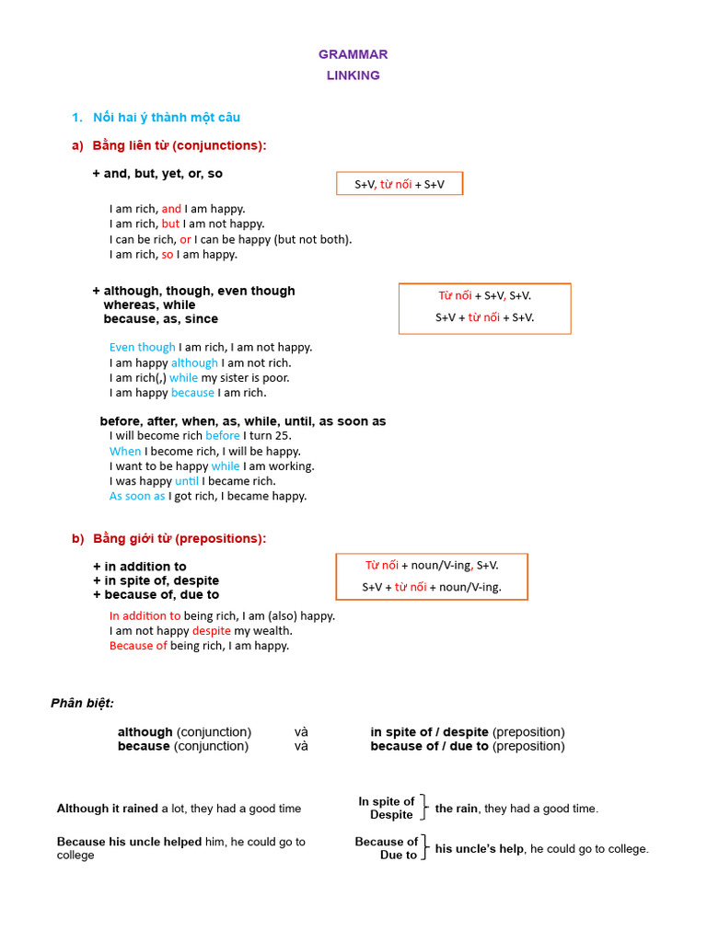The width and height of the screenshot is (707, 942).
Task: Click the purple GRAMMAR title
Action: pos(353,54)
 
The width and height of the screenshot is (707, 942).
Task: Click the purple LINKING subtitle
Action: pos(353,75)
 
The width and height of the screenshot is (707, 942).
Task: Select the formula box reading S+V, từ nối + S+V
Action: pos(400,184)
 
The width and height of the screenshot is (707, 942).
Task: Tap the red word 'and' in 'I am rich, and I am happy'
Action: pos(172,209)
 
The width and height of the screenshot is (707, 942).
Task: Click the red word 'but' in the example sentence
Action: pos(171,224)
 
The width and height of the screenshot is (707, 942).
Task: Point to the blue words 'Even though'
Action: pos(142,347)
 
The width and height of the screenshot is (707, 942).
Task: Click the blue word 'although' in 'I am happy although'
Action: pos(194,362)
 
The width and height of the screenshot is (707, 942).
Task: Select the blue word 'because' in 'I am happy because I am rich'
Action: pos(192,393)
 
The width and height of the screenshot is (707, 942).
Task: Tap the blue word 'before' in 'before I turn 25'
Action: pos(223,435)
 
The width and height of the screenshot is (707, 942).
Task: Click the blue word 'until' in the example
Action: pos(187,480)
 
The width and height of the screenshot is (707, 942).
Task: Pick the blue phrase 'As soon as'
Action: pos(137,496)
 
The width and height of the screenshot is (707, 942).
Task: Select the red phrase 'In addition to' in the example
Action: pos(145,615)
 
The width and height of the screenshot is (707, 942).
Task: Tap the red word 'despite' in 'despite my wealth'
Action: pos(212,630)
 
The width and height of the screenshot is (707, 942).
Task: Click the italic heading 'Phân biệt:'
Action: pos(83,703)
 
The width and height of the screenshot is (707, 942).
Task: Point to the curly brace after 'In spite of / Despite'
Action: pos(423,808)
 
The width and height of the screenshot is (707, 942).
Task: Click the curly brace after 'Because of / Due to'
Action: pos(423,847)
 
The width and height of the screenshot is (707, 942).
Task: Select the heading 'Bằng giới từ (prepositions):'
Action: pos(180,538)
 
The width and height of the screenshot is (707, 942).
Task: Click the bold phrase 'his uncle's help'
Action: pos(480,848)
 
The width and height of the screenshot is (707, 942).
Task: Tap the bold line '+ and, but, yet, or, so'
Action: pos(157,173)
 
